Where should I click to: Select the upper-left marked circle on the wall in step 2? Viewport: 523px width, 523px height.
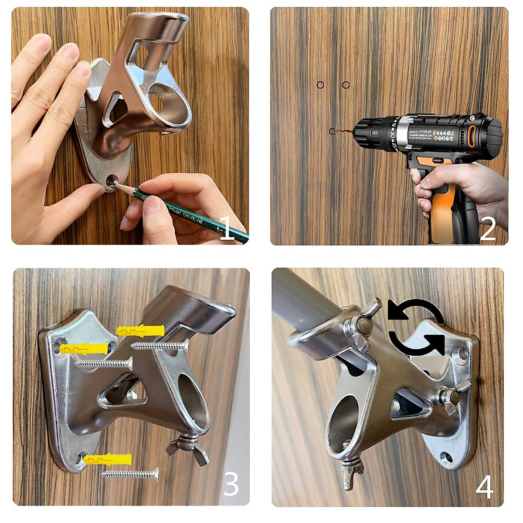pyautogui.click(x=320, y=85)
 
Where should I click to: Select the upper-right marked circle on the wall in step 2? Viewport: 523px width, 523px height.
pyautogui.click(x=346, y=85)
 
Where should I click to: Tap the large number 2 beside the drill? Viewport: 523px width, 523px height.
pyautogui.click(x=488, y=228)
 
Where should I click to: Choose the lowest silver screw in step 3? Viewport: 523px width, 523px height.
pyautogui.click(x=130, y=474)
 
